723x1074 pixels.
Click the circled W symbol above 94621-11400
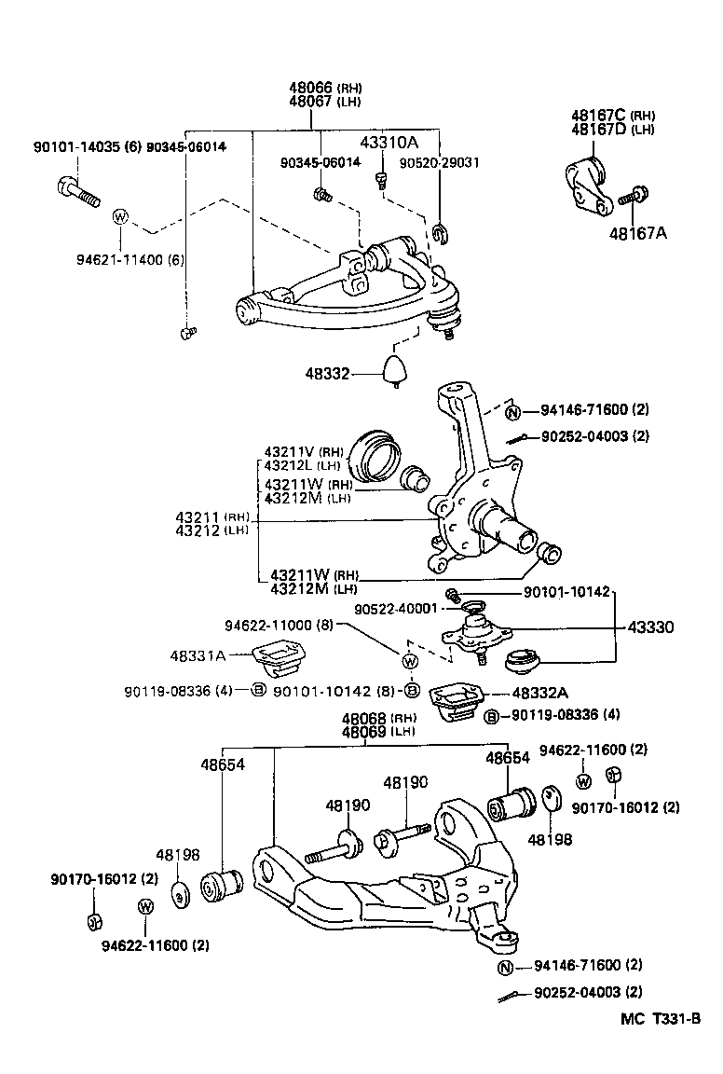pos(120,217)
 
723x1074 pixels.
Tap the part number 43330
pos(676,628)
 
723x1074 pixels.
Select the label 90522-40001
pos(395,609)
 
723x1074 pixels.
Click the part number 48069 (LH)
pos(364,732)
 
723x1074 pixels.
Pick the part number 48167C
pos(600,116)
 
